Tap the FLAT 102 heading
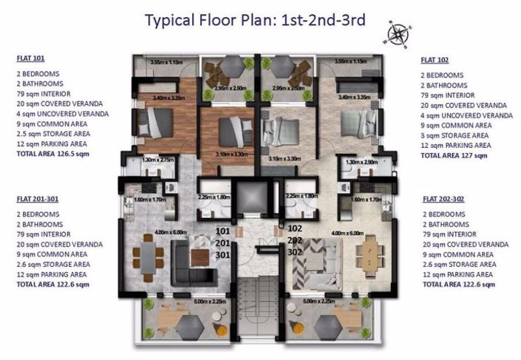437,59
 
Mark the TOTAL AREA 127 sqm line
455,155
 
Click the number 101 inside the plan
222,231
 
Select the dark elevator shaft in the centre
259,202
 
